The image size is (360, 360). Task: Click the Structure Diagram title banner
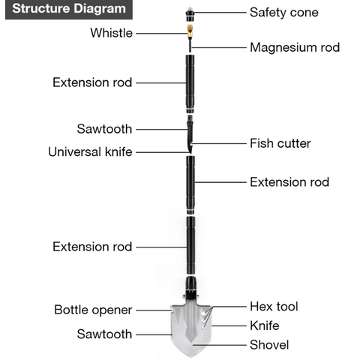click(x=69, y=10)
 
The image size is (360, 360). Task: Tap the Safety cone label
click(x=284, y=13)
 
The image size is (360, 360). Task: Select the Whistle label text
click(x=112, y=33)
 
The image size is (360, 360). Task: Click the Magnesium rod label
click(x=295, y=47)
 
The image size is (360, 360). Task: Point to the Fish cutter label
click(x=280, y=143)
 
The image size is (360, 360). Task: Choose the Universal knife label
click(x=90, y=152)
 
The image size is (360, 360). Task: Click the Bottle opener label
click(x=93, y=310)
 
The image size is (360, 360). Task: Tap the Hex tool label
click(x=274, y=307)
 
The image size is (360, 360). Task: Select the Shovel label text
click(x=269, y=345)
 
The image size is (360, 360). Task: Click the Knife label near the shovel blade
click(x=265, y=325)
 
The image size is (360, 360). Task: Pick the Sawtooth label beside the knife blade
click(x=104, y=129)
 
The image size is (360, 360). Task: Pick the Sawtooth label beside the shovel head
click(x=104, y=334)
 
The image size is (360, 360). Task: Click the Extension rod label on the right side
click(x=289, y=182)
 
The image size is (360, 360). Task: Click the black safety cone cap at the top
click(x=190, y=14)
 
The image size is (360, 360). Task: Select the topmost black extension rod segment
click(x=190, y=84)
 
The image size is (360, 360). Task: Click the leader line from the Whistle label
click(x=162, y=33)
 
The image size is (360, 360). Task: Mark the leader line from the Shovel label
click(x=220, y=345)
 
